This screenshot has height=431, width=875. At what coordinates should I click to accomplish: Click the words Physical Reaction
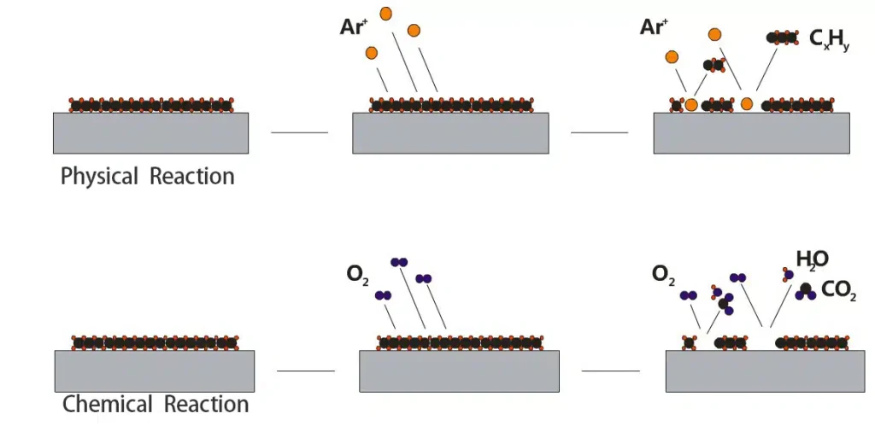point(147,177)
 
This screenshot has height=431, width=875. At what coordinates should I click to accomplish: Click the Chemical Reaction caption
point(156,404)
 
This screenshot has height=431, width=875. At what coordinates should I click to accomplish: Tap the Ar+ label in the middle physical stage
point(352,26)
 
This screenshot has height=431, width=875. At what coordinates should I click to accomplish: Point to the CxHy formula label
point(829,39)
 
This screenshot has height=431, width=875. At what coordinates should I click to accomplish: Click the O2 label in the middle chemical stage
point(357,275)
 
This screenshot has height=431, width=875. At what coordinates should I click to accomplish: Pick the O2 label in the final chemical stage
point(662,274)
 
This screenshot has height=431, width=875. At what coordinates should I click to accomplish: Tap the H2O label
point(812,259)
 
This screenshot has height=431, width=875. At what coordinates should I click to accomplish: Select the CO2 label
point(837,290)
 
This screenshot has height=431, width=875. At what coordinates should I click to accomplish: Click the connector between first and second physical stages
point(299,132)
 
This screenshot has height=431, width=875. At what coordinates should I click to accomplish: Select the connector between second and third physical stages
point(599,132)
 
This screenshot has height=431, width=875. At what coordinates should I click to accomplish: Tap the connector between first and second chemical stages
point(306,370)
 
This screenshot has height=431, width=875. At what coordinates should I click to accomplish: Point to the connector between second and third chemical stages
point(610,370)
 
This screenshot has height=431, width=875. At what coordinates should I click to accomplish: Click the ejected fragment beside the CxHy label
point(782,38)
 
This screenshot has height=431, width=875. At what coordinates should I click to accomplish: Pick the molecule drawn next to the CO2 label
point(805,291)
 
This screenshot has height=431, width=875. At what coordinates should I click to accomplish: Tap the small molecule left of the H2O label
point(788,274)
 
